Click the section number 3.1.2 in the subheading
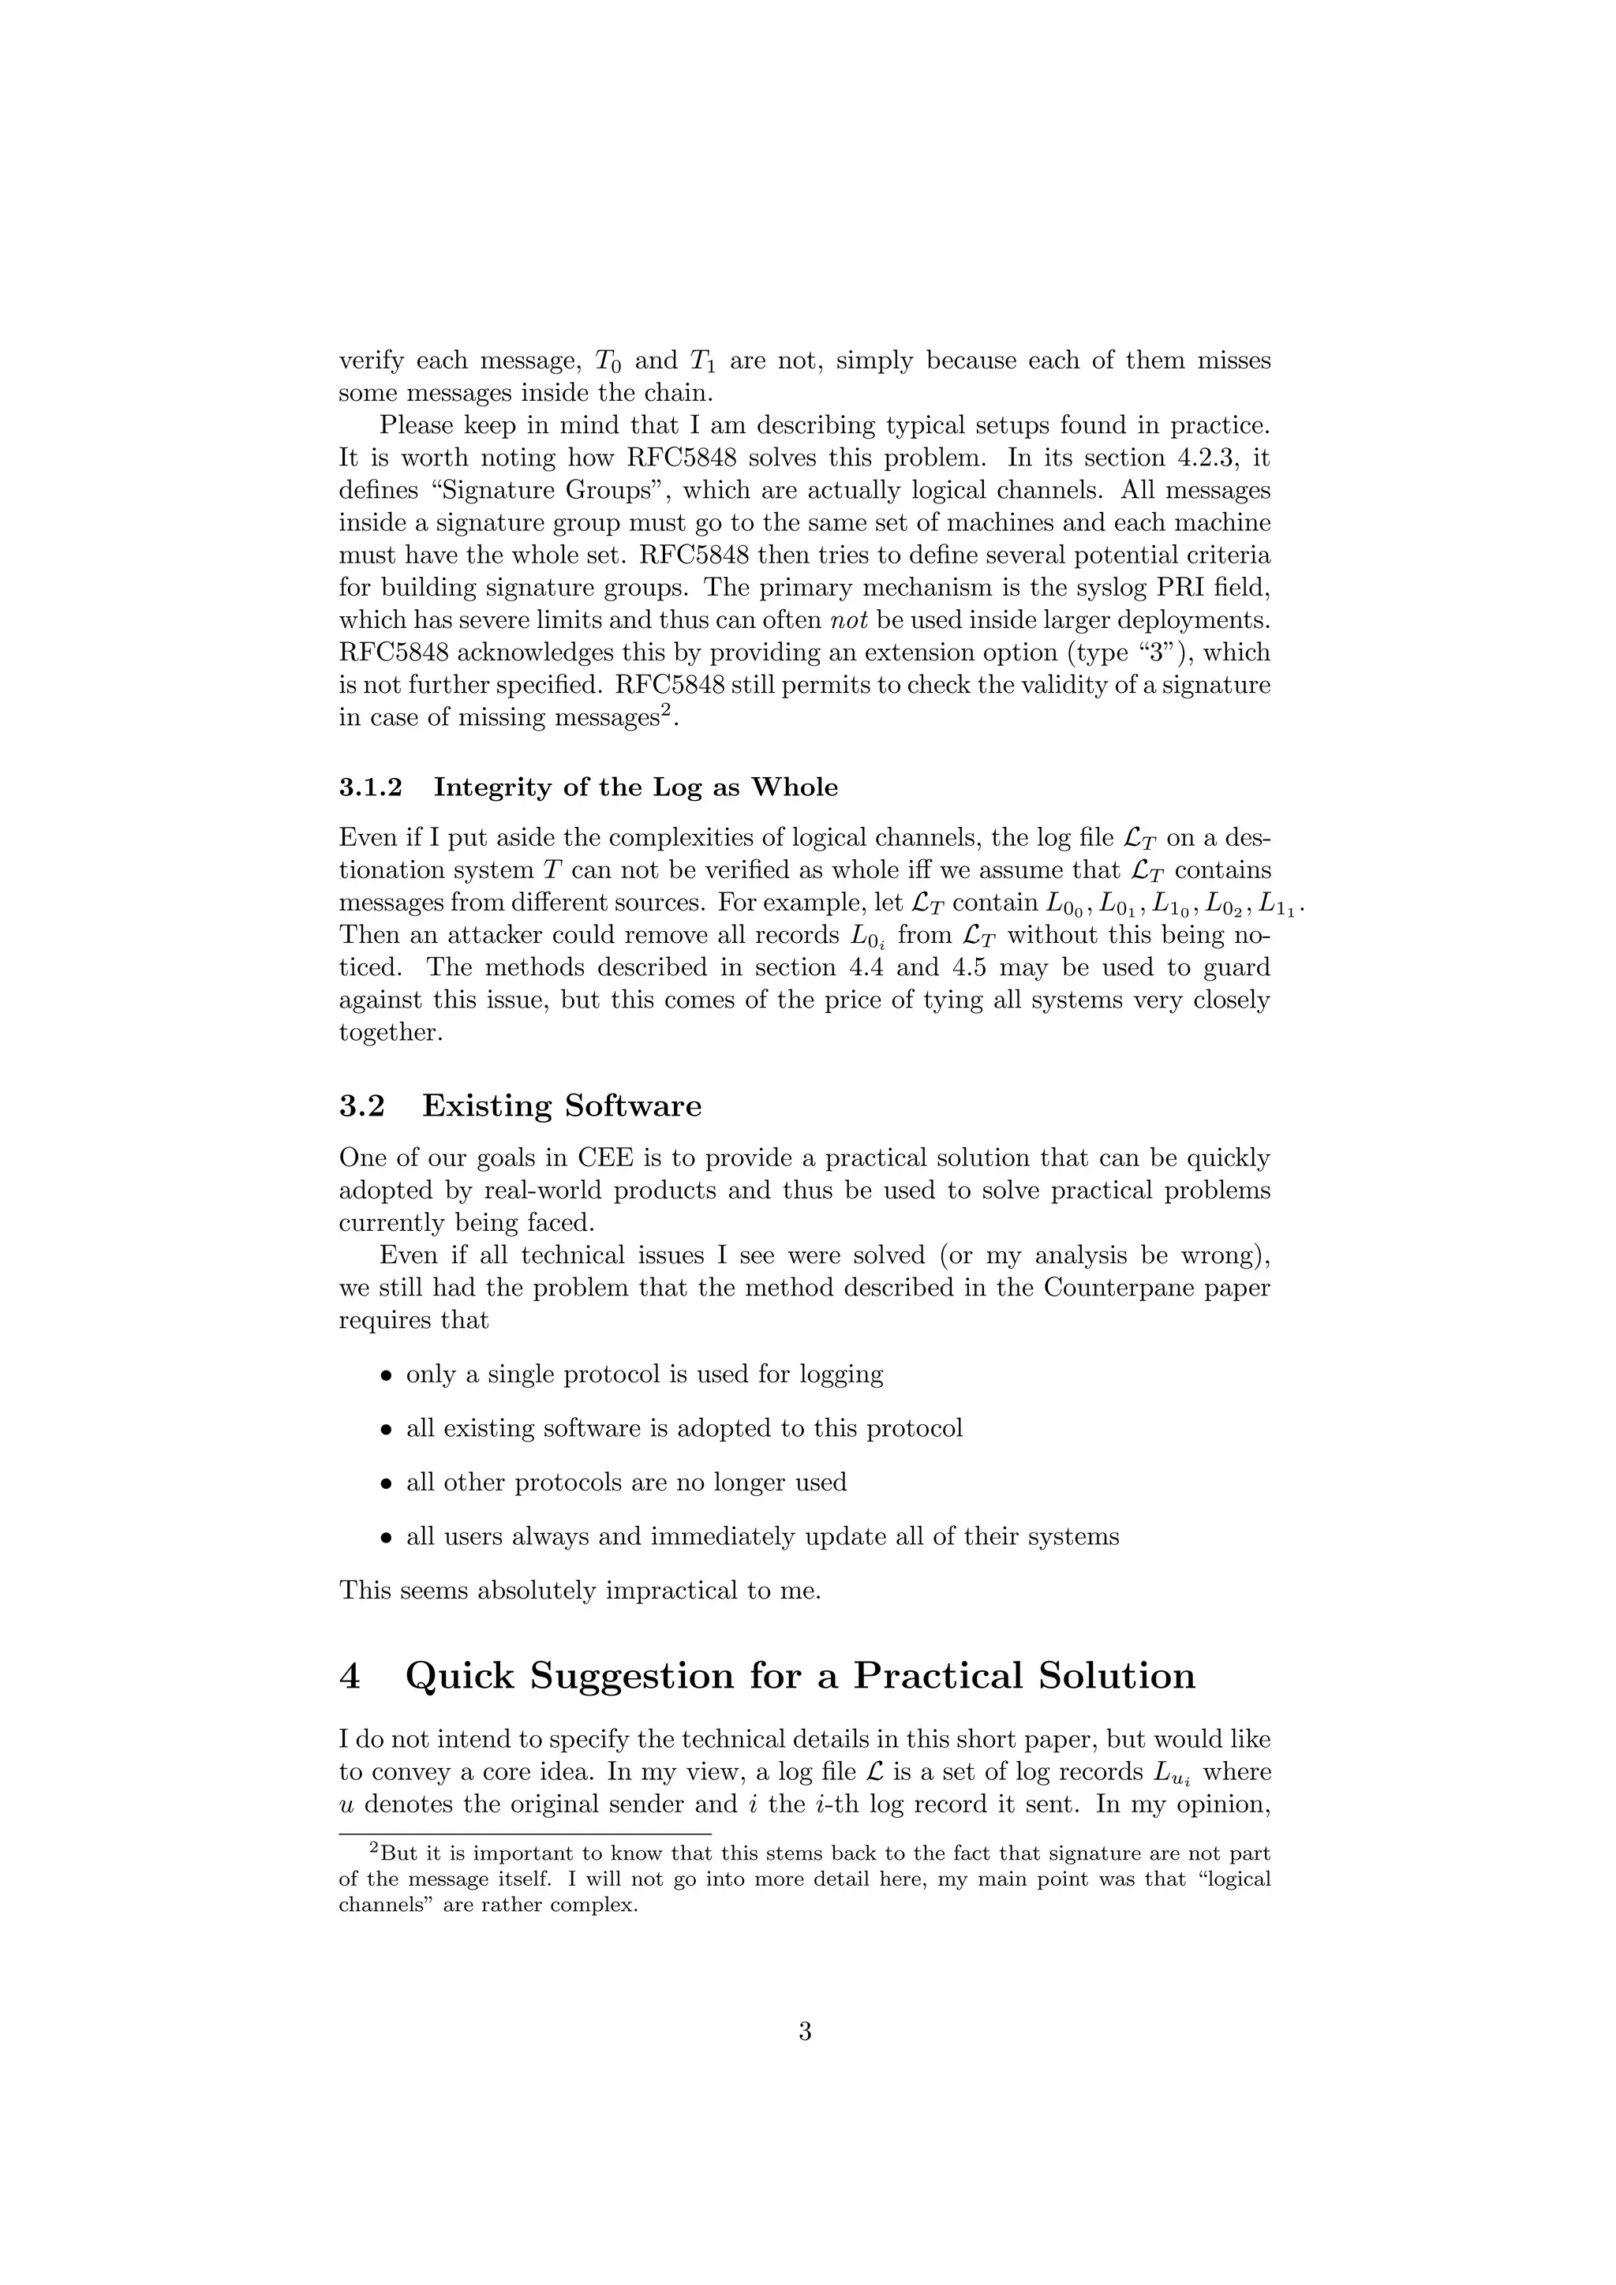pyautogui.click(x=370, y=788)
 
